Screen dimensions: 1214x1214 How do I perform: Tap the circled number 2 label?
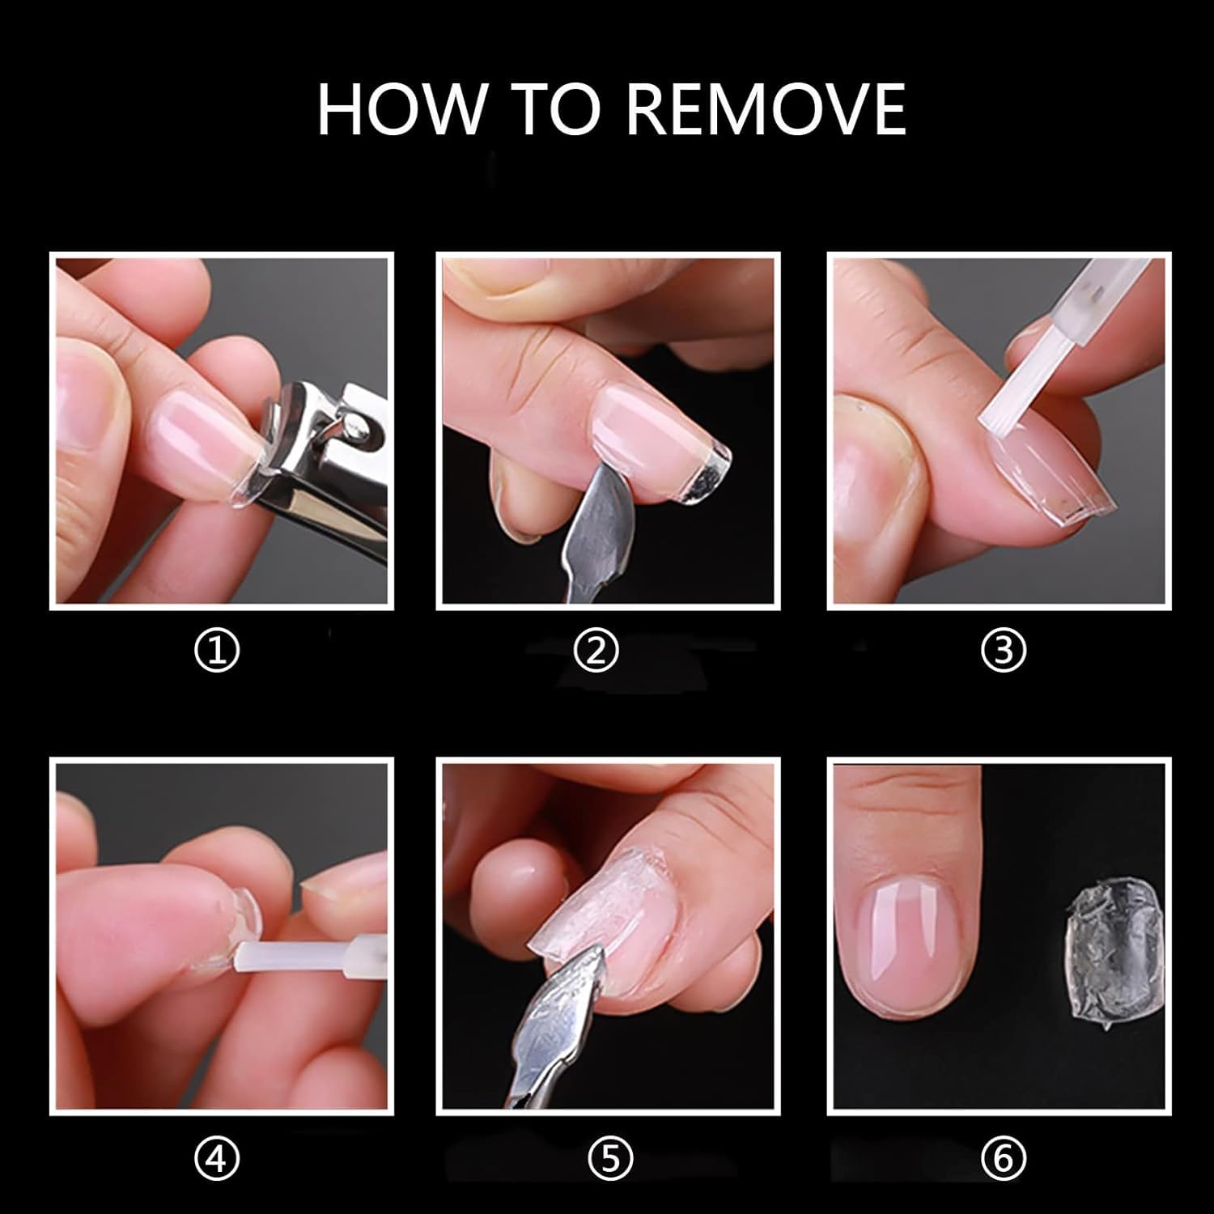pos(596,652)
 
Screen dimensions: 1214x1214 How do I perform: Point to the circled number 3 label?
pos(1004,652)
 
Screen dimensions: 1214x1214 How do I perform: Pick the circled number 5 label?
pos(611,1158)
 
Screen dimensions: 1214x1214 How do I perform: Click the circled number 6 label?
pos(1004,1158)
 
